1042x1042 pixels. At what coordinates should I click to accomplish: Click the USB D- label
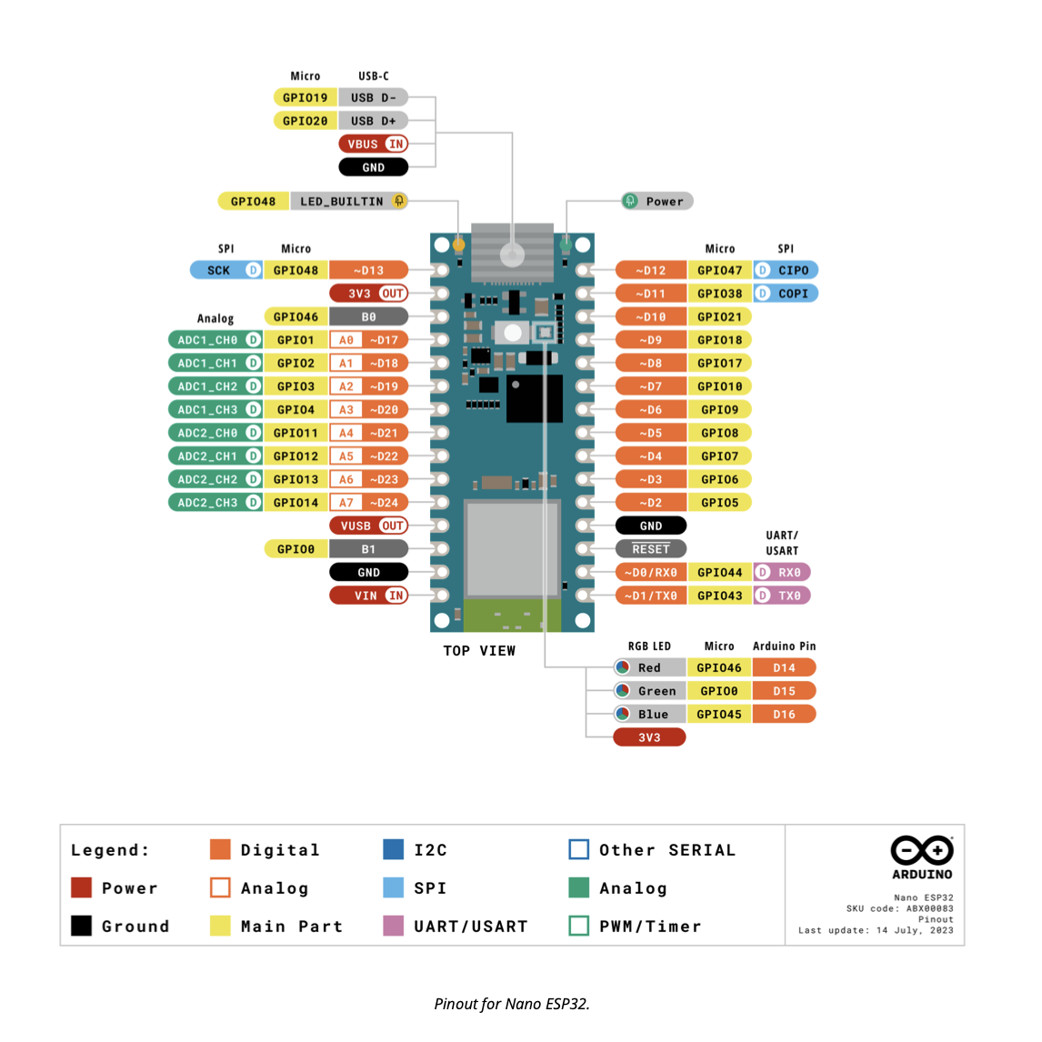[x=373, y=97]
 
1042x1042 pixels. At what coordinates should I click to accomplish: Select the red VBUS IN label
[x=373, y=144]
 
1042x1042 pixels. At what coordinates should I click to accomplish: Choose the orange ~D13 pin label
[x=368, y=270]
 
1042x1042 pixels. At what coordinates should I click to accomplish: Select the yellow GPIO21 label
[x=719, y=316]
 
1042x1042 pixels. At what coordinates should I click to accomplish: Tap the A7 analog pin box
[x=346, y=503]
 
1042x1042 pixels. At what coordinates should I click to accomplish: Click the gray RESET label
[x=651, y=549]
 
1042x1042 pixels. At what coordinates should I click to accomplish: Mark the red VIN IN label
[x=368, y=596]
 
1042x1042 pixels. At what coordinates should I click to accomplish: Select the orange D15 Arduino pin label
[x=784, y=691]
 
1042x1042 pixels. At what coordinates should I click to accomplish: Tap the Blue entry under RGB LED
[x=649, y=715]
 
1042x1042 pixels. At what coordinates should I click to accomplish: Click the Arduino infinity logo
[x=922, y=850]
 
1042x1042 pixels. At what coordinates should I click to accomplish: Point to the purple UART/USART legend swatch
[x=394, y=927]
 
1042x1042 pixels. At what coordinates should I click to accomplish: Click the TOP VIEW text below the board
[x=479, y=651]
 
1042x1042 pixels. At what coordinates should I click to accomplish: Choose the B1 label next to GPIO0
[x=368, y=549]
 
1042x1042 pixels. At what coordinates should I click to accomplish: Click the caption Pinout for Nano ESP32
[x=512, y=1004]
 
